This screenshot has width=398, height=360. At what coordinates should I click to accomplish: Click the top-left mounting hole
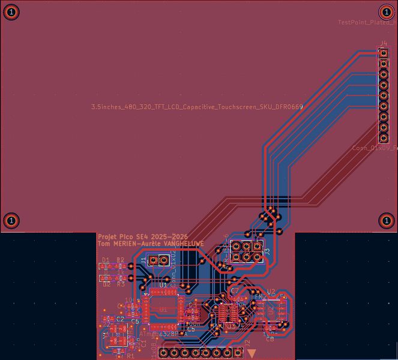click(x=11, y=11)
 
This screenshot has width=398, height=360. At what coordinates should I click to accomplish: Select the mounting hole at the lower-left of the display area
click(x=11, y=220)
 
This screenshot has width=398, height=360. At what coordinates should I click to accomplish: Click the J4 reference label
click(x=383, y=44)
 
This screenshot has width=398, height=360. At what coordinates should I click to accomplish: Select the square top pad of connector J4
click(x=383, y=53)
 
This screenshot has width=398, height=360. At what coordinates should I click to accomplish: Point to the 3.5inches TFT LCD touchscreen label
click(x=197, y=107)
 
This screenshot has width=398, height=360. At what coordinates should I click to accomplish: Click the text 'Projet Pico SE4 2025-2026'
click(x=142, y=237)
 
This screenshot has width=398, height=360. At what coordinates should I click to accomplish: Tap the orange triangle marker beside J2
click(x=253, y=353)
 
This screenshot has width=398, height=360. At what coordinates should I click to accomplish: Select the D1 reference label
click(x=106, y=260)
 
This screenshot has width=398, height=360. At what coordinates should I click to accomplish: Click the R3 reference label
click(x=121, y=284)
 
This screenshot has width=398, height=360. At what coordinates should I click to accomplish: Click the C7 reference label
click(x=234, y=290)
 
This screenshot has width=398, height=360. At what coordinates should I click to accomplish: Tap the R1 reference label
click(x=130, y=356)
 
